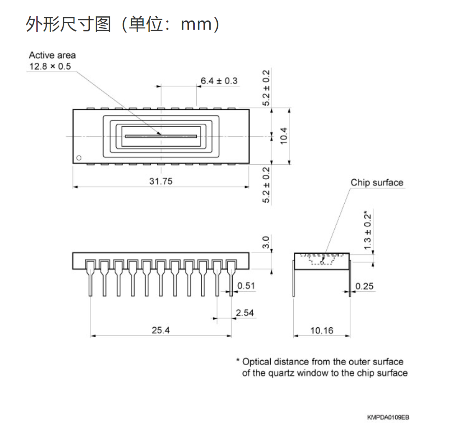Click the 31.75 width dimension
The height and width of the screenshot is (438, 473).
pos(161,181)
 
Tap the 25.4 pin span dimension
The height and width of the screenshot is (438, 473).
pos(160,330)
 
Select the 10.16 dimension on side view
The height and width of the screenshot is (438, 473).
pos(322,331)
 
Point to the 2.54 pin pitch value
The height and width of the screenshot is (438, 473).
pos(244,313)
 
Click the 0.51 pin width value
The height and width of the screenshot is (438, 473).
pos(246,286)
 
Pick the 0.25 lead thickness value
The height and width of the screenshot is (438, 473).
pos(364,286)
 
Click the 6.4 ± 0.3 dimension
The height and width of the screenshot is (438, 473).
pos(219,81)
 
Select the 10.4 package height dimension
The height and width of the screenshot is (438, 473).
pos(284,136)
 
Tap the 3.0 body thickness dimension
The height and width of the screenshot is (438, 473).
pos(266,242)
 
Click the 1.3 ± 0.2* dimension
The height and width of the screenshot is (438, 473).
pos(367,230)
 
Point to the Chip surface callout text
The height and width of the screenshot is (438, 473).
pos(377,183)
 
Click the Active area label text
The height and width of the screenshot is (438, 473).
pos(52,55)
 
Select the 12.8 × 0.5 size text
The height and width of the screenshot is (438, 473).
pos(50,66)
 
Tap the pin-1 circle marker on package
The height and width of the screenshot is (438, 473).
pos(79,158)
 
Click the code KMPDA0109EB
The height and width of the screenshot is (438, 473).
pos(388,418)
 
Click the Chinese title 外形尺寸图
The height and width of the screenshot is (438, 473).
pos(69,24)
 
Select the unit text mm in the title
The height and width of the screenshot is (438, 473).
pos(196,25)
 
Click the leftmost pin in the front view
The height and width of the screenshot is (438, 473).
pos(90,278)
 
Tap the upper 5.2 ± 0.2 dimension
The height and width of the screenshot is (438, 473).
pos(266,88)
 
